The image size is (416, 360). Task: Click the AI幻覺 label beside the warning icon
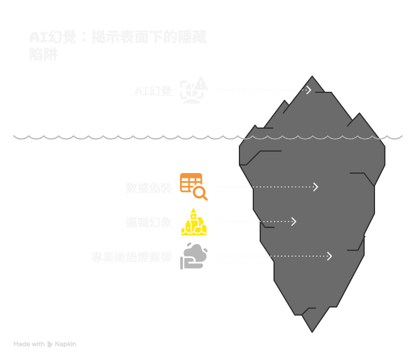coord(153,91)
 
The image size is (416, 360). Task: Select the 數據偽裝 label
coord(148,187)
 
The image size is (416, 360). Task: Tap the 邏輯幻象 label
coord(148,222)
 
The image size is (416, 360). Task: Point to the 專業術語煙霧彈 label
coord(132,257)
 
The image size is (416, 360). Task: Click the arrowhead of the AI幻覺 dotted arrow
coord(310,90)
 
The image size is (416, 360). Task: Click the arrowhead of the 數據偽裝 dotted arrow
coord(316,187)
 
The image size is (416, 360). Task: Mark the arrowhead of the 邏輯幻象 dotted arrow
coord(294,222)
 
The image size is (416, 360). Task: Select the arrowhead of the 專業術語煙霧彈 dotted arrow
coord(329,256)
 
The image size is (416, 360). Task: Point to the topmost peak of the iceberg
coord(312,77)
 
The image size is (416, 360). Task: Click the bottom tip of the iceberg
coord(312,331)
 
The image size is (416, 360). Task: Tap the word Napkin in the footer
coord(65,344)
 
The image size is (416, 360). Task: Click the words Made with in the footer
coord(29,344)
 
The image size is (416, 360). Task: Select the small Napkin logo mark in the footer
coord(50,344)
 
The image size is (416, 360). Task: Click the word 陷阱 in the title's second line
coord(43,55)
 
